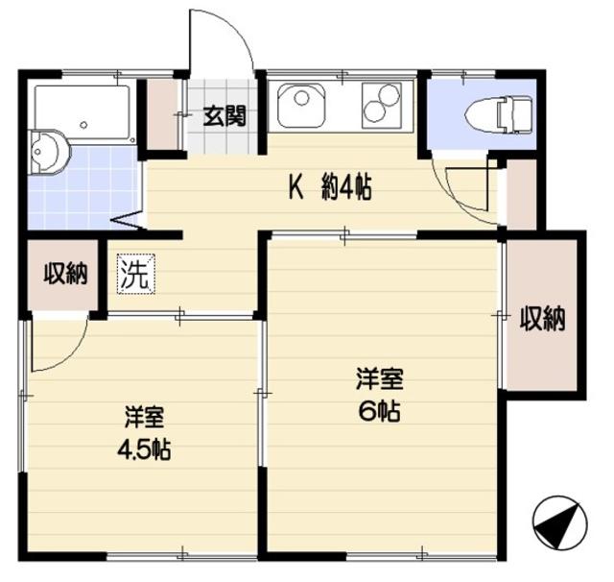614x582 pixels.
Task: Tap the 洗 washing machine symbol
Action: pos(134,276)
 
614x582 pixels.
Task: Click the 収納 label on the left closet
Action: pos(65,275)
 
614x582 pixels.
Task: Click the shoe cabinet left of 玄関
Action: pos(164,114)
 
